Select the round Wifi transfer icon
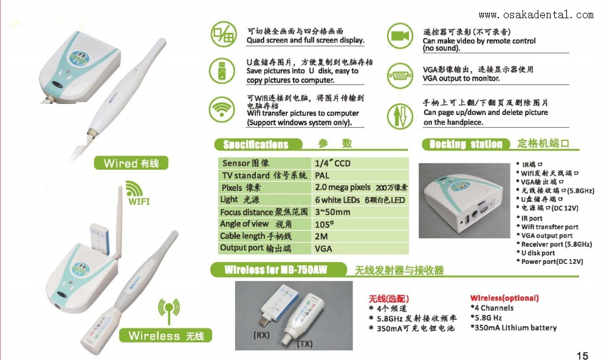(222, 110)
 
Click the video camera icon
(399, 35)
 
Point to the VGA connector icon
(399, 74)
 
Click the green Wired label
(131, 163)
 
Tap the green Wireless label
(165, 335)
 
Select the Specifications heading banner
(258, 144)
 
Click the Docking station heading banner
(465, 144)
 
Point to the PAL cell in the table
(322, 175)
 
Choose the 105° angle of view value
(325, 224)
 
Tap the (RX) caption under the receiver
(261, 334)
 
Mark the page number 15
(582, 355)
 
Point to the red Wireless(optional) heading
(504, 298)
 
